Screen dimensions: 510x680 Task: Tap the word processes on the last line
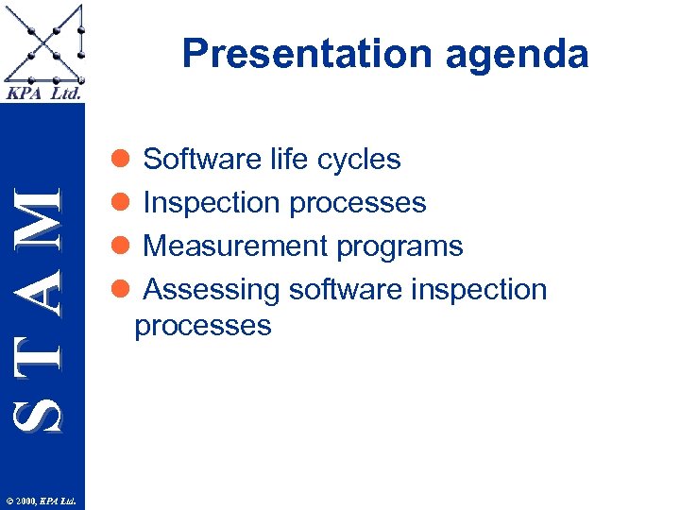coord(203,327)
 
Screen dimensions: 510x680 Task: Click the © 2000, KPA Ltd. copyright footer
coord(42,500)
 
